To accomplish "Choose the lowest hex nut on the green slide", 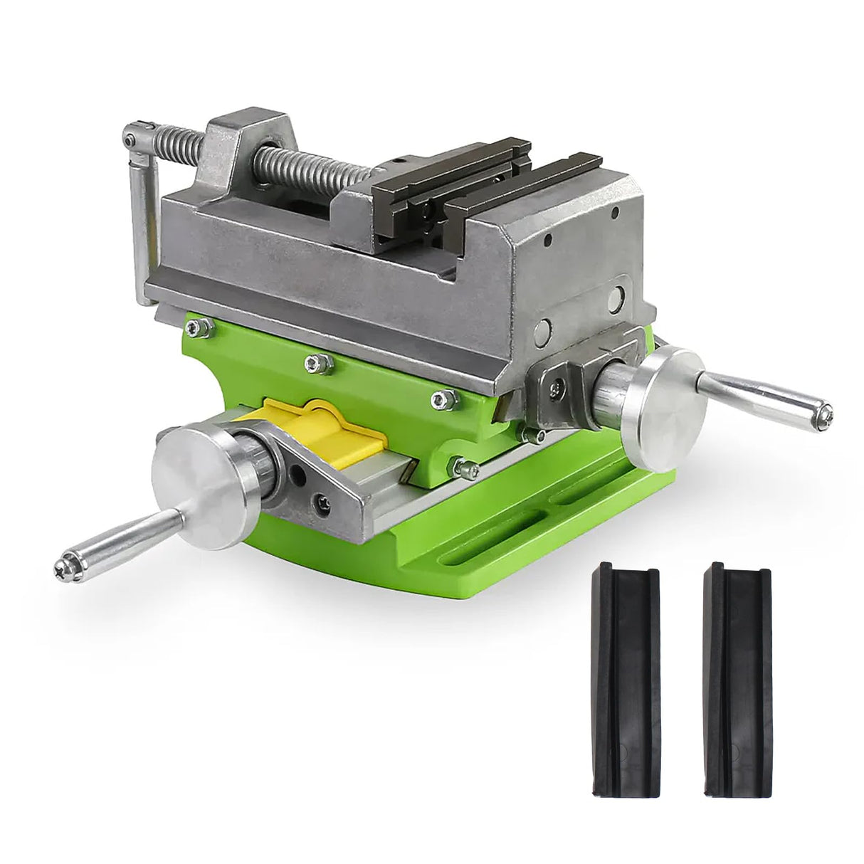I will click(x=464, y=468).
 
